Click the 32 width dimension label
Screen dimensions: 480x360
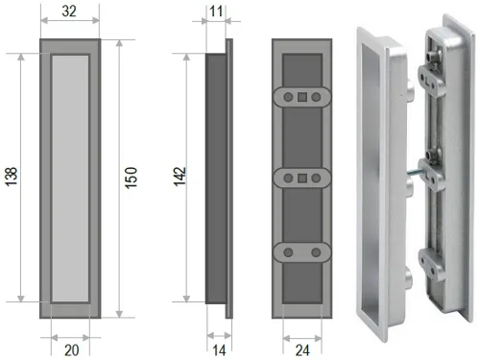click(x=69, y=12)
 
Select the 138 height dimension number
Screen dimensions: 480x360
click(x=12, y=177)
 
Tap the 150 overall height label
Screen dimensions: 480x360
click(x=131, y=178)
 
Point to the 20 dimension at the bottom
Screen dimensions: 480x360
click(x=71, y=350)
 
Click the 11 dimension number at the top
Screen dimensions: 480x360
click(x=216, y=12)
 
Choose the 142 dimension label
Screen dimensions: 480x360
click(x=180, y=176)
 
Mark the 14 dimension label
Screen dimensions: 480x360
click(x=219, y=350)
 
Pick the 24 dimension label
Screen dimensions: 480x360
click(x=302, y=350)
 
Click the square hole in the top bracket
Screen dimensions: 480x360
click(x=302, y=97)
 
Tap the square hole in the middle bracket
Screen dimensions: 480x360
click(x=302, y=179)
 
